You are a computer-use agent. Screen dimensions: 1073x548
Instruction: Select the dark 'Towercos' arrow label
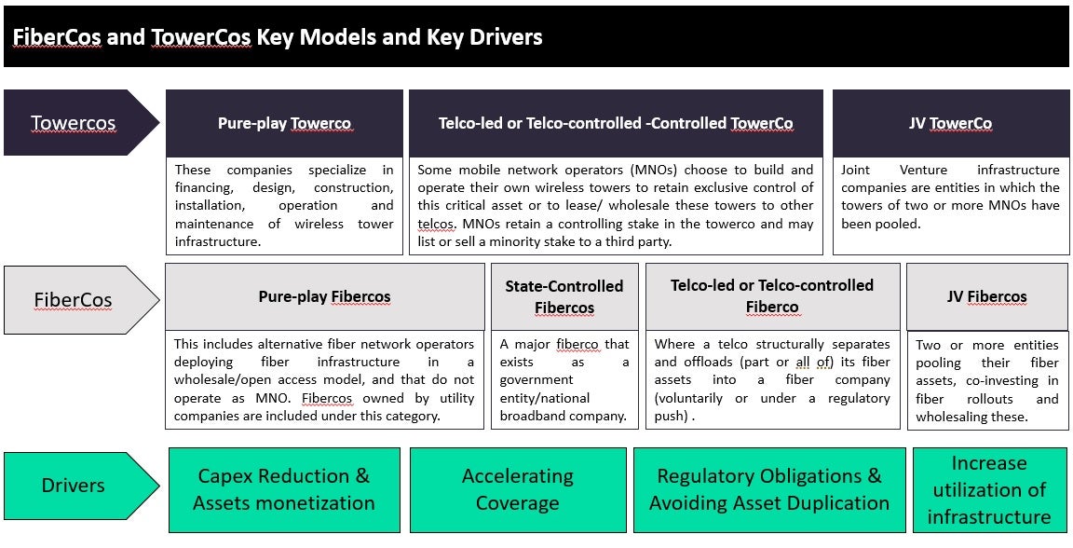[x=81, y=123]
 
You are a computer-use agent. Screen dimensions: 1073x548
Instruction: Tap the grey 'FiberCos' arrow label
[x=81, y=300]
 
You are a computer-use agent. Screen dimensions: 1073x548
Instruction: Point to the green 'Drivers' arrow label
[x=81, y=486]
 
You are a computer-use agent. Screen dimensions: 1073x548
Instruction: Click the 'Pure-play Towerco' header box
[x=285, y=123]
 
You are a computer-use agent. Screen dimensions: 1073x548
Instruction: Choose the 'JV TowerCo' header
[x=950, y=123]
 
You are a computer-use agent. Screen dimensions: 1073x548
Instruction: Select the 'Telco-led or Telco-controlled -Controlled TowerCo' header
[x=616, y=123]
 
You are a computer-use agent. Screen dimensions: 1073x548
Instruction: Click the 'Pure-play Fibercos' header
[x=325, y=296]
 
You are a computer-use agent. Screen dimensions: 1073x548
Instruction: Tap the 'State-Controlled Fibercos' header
[x=564, y=296]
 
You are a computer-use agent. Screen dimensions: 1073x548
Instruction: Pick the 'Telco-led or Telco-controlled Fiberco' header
[x=772, y=296]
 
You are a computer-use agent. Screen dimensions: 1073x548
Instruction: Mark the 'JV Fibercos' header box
[x=987, y=296]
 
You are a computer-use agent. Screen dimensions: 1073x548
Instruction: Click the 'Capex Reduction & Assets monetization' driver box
[x=284, y=490]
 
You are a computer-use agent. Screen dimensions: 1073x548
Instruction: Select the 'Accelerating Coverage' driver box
[x=518, y=490]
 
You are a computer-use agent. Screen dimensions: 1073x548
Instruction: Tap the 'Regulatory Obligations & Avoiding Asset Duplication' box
[x=769, y=490]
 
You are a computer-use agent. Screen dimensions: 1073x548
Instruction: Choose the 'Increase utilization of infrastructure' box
[x=989, y=490]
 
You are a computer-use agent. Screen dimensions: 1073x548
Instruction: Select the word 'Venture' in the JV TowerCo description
[x=921, y=170]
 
